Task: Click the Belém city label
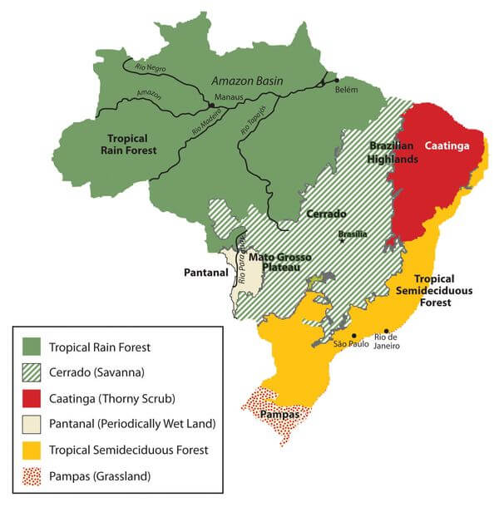[x=347, y=90]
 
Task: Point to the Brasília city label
[x=353, y=234]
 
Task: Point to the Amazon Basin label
[x=248, y=81]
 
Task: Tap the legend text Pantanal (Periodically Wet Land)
[x=132, y=424]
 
